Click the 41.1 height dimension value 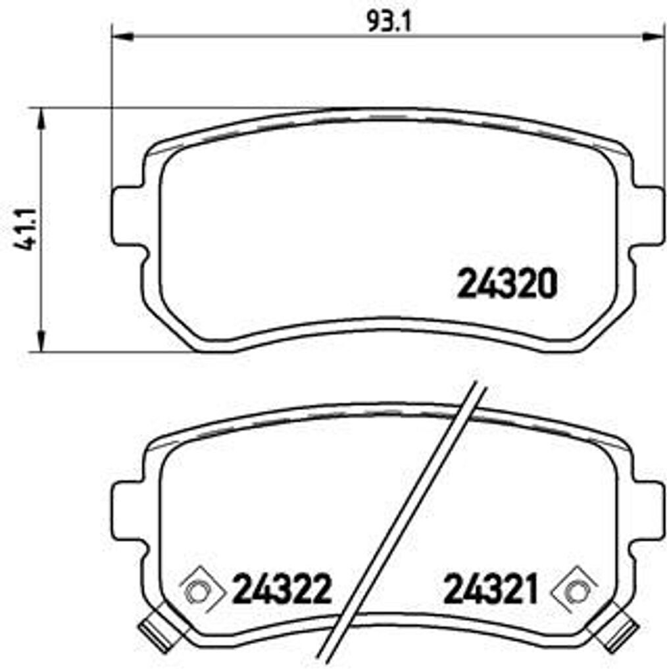[25, 230]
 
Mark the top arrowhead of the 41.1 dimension [42, 119]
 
